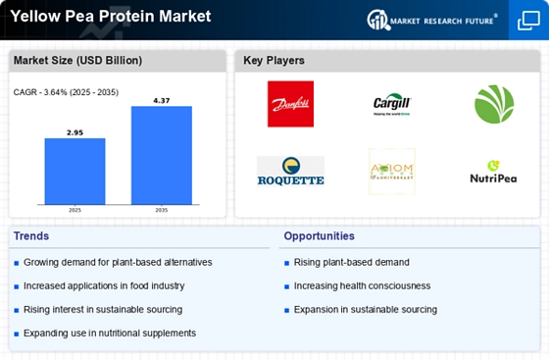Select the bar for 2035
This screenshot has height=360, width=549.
pos(162,154)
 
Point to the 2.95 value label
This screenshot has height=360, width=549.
pos(75,130)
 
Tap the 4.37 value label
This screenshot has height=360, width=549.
pos(162,99)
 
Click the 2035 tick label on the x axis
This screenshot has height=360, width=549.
pos(162,210)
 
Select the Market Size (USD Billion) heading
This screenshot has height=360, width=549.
pos(76,61)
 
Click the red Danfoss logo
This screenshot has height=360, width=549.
pos(290,104)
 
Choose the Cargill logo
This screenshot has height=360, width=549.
pos(391,104)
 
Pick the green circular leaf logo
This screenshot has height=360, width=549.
pos(493,104)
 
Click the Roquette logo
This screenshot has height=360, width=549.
pos(290,172)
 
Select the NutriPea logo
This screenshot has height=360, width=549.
pos(493,173)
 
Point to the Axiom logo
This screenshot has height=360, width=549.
pos(391,172)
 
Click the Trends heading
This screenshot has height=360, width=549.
pos(31,236)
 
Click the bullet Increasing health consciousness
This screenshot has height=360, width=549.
pos(363,285)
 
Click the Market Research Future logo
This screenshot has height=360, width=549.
pos(431,19)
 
